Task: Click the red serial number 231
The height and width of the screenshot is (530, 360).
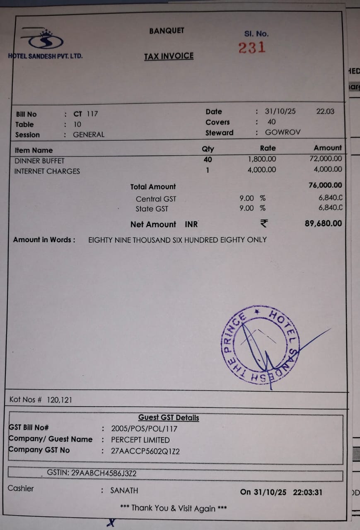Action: [x=252, y=48]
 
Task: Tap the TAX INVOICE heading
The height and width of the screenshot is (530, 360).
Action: [x=169, y=56]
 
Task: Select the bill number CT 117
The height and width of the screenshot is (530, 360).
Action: [x=86, y=114]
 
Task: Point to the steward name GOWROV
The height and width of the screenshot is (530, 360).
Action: [x=283, y=133]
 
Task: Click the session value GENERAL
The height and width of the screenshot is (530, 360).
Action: [x=89, y=135]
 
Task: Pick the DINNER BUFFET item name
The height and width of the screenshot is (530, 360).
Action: [x=40, y=161]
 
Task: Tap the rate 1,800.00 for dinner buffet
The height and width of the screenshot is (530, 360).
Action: [x=262, y=159]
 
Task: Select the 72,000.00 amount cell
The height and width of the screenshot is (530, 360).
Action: [x=326, y=159]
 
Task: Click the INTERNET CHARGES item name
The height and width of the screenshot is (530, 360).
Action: [x=47, y=171]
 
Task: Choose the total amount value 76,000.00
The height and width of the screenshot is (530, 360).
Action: [x=325, y=185]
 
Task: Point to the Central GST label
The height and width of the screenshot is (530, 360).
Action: [x=156, y=199]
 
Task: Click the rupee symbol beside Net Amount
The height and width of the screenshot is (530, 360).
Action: [x=263, y=224]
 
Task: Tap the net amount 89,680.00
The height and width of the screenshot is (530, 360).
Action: [x=323, y=224]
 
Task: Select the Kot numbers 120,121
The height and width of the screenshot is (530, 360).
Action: [x=60, y=400]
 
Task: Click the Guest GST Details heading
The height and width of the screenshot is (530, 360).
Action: [x=169, y=418]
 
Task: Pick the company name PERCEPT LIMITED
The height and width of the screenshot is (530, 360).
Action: [x=140, y=440]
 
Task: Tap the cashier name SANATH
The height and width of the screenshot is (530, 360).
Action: [x=124, y=491]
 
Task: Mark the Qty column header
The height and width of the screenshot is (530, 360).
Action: [x=208, y=149]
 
